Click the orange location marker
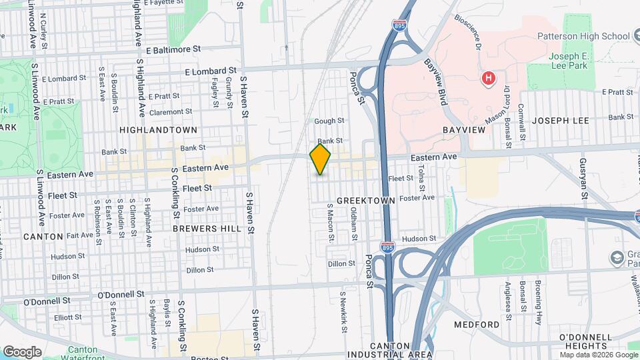(x=321, y=159)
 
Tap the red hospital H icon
(x=489, y=79)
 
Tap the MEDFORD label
(x=477, y=325)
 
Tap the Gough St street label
(x=329, y=121)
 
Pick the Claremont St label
(x=171, y=111)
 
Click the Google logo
(x=22, y=351)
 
